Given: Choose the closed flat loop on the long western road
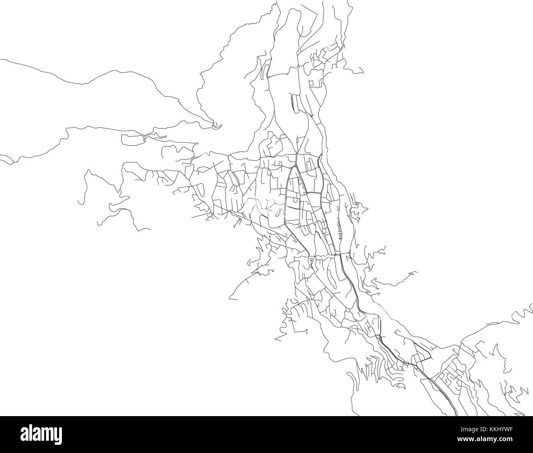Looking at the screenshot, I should point(133,139).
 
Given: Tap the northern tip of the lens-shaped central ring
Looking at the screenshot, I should point(296,166).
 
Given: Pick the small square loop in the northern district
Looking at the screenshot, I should point(315,83).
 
